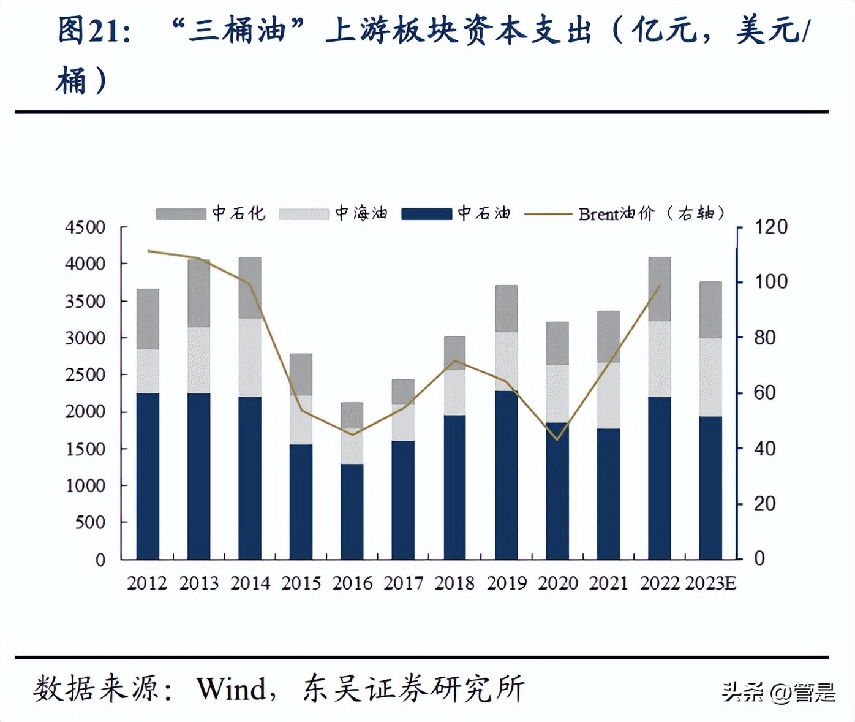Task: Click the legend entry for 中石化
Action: [x=211, y=213]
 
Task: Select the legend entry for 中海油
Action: [x=334, y=213]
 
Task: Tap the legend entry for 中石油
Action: [x=456, y=213]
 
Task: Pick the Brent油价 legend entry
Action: [x=625, y=213]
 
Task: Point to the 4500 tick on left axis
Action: [x=85, y=227]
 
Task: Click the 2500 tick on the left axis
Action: [x=85, y=374]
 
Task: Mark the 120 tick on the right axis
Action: [x=770, y=227]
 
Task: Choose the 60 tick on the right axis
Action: [x=764, y=392]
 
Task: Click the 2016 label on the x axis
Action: [x=352, y=583]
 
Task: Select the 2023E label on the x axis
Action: [x=710, y=583]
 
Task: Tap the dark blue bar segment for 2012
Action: [x=148, y=476]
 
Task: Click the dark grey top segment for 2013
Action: [x=198, y=293]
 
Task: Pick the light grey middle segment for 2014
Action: [x=250, y=357]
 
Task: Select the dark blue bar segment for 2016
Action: [x=352, y=511]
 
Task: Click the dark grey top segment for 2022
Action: [x=659, y=289]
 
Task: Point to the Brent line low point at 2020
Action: [x=557, y=439]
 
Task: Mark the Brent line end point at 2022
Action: [x=660, y=286]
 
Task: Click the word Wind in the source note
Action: [x=231, y=689]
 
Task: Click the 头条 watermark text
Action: [x=742, y=693]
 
